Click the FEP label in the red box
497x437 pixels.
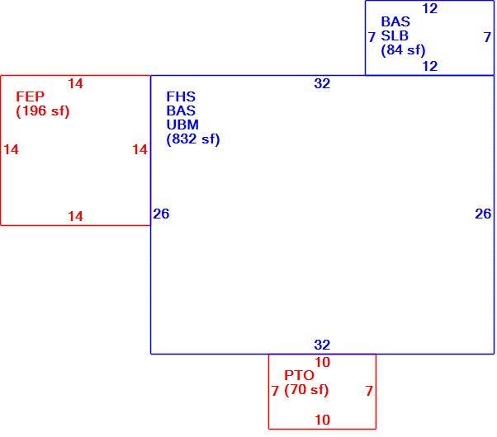point(30,96)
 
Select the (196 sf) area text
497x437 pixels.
point(42,110)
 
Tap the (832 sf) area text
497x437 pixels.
point(193,139)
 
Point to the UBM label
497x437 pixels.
point(182,125)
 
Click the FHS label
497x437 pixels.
point(181,96)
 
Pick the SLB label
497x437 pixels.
point(395,35)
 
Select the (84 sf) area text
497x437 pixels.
point(403,49)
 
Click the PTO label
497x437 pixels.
point(299,375)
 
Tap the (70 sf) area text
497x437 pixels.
point(306,389)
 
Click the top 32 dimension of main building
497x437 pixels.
point(322,83)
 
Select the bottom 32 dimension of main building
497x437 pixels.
point(322,345)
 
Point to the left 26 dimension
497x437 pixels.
point(161,214)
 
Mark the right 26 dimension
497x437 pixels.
point(483,214)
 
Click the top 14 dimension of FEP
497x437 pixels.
point(75,83)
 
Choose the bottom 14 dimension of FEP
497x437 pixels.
point(75,216)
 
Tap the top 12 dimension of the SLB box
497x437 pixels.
point(430,8)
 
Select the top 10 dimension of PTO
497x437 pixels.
point(322,362)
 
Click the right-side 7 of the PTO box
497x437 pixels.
point(369,391)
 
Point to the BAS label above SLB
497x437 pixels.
point(395,21)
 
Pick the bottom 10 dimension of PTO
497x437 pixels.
point(322,420)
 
